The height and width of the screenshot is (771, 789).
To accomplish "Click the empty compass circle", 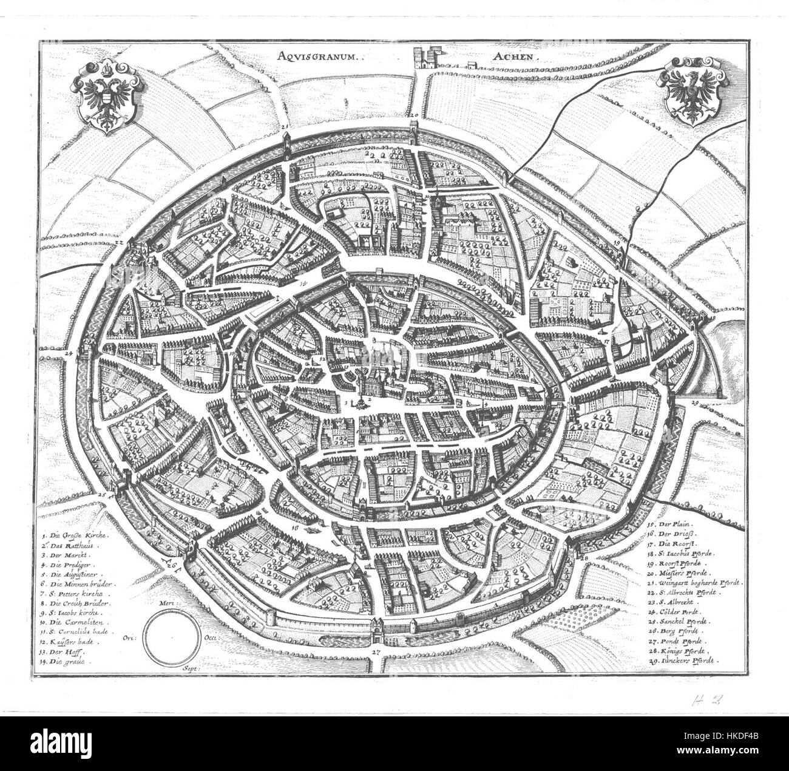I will (x=173, y=638).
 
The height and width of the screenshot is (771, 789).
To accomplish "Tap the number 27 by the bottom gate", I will (x=376, y=652).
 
